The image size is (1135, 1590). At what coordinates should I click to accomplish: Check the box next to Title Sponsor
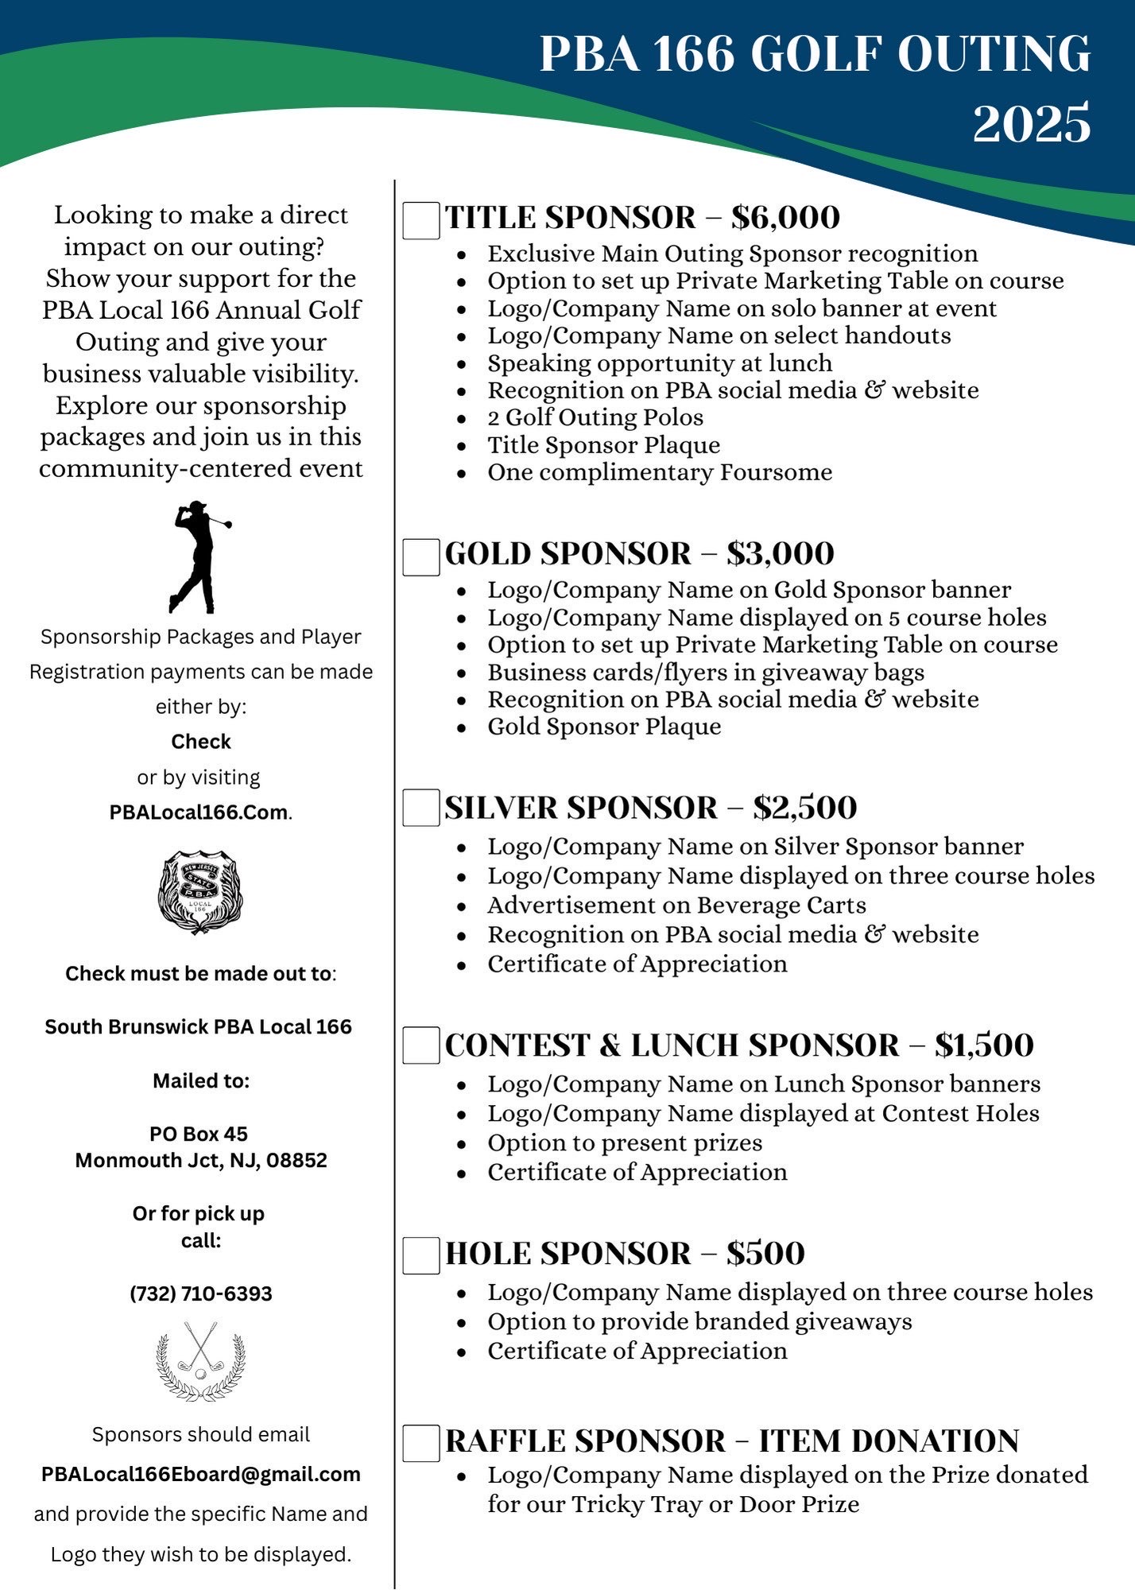pos(421,220)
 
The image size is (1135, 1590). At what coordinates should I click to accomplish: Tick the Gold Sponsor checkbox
pos(421,556)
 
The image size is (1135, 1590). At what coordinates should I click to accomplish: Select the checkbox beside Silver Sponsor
pos(421,808)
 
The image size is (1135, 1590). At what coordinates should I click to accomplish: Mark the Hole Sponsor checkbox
pos(421,1255)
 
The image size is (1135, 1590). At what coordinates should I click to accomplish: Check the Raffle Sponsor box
pos(421,1443)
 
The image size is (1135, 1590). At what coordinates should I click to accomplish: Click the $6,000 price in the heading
pos(785,218)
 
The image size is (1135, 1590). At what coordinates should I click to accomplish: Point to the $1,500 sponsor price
pos(984,1045)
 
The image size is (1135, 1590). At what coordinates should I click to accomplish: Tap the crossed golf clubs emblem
pos(200,1360)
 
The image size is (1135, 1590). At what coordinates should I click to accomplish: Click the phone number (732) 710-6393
pos(201,1293)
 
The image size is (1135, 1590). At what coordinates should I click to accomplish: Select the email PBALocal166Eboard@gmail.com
pos(201,1474)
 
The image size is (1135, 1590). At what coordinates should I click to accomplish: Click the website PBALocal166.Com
pos(199,812)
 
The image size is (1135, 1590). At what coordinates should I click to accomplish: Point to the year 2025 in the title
pos(1031,124)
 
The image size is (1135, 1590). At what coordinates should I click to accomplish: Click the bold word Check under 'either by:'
pos(201,742)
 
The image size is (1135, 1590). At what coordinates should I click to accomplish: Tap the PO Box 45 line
pos(199,1134)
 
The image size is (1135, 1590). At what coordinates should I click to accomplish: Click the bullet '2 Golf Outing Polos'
pos(595,417)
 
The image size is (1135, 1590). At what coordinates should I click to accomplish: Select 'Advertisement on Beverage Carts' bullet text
pos(676,906)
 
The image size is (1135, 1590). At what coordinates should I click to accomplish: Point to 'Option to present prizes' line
pos(625,1143)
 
